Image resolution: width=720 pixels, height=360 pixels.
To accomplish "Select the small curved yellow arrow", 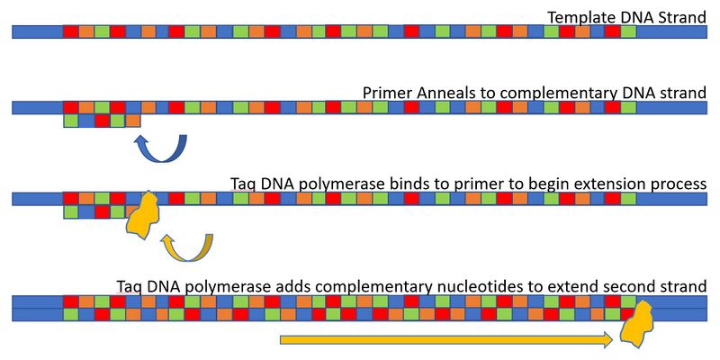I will click(x=186, y=247).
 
